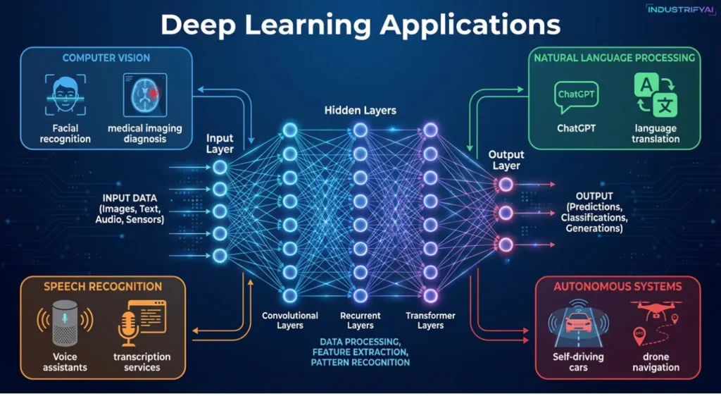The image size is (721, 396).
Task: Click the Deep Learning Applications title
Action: tap(360, 24)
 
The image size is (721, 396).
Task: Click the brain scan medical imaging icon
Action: tap(144, 95)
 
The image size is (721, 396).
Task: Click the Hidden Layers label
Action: tap(360, 111)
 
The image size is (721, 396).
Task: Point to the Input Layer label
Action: tap(220, 144)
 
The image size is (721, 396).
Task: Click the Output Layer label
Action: tap(506, 160)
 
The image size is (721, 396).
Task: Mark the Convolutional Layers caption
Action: tap(289, 321)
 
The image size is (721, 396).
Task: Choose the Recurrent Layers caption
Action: tap(360, 321)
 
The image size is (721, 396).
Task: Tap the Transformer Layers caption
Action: tap(430, 321)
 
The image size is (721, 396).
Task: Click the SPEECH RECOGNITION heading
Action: tap(103, 287)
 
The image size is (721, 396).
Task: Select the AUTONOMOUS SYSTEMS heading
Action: tap(617, 287)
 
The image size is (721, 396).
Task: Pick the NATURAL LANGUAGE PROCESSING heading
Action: tap(615, 58)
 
